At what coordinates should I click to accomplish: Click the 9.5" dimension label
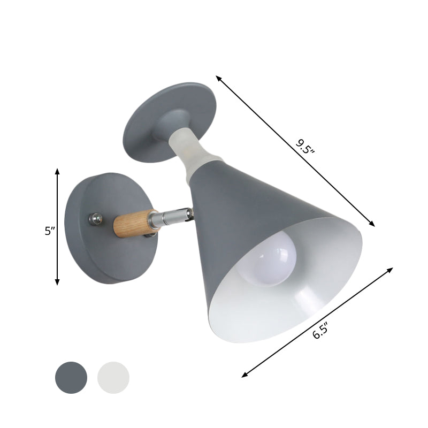(305, 146)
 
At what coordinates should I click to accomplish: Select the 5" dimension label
(50, 231)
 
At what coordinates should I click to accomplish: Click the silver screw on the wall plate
(96, 218)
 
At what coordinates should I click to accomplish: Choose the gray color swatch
(71, 377)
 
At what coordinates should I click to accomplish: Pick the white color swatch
(113, 377)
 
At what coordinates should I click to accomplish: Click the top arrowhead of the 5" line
(57, 170)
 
